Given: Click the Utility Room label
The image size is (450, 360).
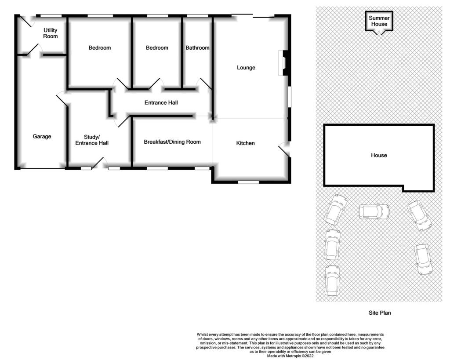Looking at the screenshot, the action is click(x=51, y=33).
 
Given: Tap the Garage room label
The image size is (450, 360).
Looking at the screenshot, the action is click(x=42, y=136).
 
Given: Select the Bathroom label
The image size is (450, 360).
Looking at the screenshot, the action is click(x=197, y=47).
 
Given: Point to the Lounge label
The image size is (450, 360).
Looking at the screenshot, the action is click(x=246, y=67).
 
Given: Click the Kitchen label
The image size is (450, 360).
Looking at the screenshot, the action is click(x=245, y=143).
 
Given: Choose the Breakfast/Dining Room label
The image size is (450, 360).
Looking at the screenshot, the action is click(x=172, y=142).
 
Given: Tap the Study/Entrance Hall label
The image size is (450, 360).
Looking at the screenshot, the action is click(x=92, y=140).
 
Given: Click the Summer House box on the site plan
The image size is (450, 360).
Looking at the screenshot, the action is click(x=379, y=21).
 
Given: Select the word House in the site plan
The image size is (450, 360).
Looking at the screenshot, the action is click(x=379, y=155).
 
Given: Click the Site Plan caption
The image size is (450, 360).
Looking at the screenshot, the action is click(x=380, y=313).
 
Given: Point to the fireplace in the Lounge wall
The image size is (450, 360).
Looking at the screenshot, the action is click(x=283, y=63).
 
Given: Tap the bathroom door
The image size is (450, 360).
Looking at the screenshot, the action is click(x=204, y=84).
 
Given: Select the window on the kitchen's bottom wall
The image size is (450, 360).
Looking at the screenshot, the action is click(x=249, y=182).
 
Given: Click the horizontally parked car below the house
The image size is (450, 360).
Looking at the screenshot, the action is click(x=374, y=211).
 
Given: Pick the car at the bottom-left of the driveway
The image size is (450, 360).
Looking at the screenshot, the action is click(x=332, y=281).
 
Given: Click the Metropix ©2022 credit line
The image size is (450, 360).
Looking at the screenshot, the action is click(x=290, y=356).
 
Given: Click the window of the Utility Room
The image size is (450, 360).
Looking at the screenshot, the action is click(x=51, y=16).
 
